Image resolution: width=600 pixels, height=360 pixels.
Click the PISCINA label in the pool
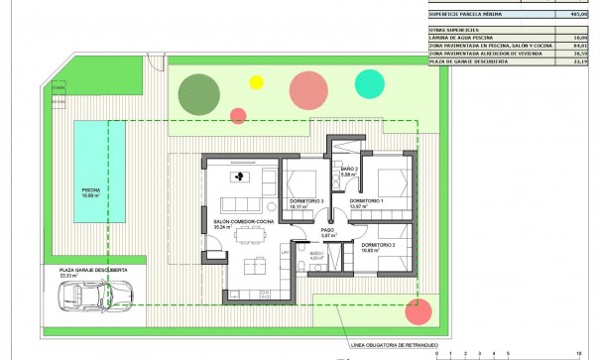tap(90, 189)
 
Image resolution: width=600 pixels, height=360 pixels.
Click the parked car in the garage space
tap(97, 296)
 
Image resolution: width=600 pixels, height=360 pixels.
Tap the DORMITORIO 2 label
tap(378, 244)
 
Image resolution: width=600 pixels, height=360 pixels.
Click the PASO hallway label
tap(328, 231)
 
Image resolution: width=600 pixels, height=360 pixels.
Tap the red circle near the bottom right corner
tap(420, 310)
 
